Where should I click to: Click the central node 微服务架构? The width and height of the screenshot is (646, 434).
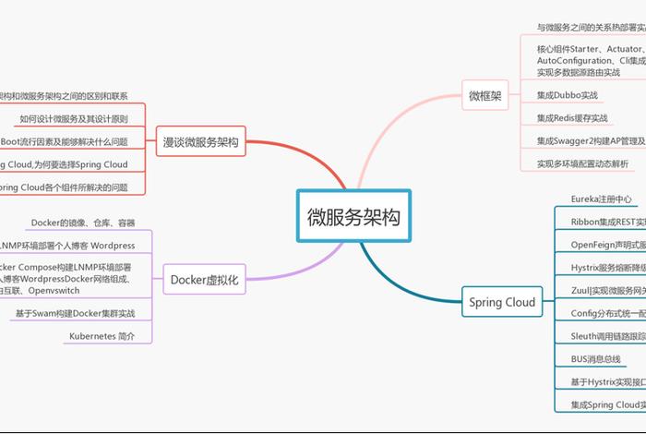tap(353, 218)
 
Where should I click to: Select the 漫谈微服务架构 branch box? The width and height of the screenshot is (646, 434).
tap(200, 142)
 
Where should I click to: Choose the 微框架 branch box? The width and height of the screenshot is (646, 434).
tap(485, 95)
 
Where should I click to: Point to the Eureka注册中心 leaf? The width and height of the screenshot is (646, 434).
tap(601, 199)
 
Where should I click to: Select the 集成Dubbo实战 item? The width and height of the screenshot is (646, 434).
tap(568, 95)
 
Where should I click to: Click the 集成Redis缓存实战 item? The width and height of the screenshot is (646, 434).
tap(572, 118)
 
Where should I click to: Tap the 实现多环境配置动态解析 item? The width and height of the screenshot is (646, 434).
tap(582, 163)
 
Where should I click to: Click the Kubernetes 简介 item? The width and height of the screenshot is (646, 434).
tap(102, 336)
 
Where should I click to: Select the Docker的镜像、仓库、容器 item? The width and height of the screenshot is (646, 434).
tap(83, 223)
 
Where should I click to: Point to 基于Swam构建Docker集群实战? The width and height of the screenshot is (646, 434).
tap(75, 314)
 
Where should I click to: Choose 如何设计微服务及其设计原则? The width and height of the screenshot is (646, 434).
tap(80, 119)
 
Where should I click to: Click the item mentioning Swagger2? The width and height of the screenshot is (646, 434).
tap(591, 141)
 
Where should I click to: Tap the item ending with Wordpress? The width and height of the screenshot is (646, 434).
tap(69, 246)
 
